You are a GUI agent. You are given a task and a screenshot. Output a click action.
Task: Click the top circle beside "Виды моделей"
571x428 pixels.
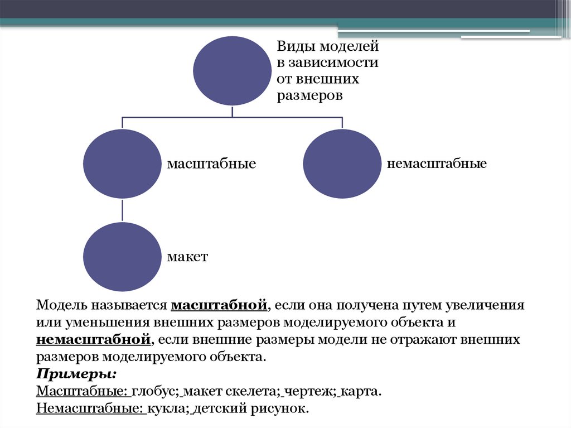[x=233, y=70]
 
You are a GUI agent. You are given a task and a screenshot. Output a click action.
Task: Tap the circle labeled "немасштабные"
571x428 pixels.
[x=342, y=164]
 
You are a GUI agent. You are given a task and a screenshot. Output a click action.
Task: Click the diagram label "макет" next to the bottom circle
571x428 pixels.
[x=187, y=257]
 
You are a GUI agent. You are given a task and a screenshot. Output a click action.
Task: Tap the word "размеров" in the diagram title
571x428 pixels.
[x=309, y=95]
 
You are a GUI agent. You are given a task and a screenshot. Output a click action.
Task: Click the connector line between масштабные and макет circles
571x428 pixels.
[x=123, y=210]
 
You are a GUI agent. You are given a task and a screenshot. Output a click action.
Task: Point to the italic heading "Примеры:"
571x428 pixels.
[x=76, y=373]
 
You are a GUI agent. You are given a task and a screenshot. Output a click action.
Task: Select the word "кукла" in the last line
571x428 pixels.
[x=168, y=408]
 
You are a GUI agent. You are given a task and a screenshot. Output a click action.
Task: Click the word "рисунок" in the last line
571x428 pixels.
[x=282, y=408]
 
